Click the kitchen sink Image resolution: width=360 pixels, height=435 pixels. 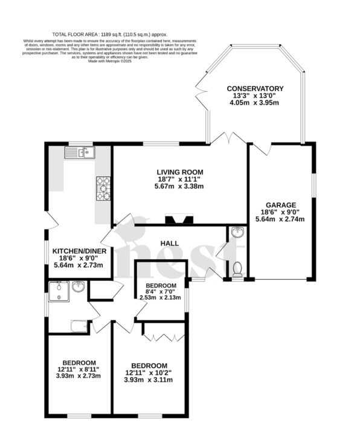click(78, 152)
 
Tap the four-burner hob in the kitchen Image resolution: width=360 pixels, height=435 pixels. click(103, 188)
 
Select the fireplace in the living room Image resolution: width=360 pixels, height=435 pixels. click(179, 220)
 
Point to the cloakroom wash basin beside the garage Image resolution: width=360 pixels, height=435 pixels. click(237, 233)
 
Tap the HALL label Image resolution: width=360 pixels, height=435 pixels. click(169, 243)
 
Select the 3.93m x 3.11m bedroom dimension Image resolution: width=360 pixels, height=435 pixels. click(149, 380)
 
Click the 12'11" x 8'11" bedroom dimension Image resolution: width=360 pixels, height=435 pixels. click(78, 369)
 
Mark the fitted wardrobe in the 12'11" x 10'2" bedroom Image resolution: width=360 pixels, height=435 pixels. click(159, 330)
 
